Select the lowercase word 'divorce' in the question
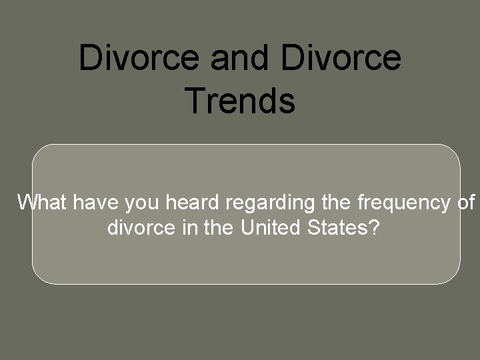point(140,229)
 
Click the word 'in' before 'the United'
point(186,229)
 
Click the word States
point(337,229)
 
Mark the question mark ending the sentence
point(375,229)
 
